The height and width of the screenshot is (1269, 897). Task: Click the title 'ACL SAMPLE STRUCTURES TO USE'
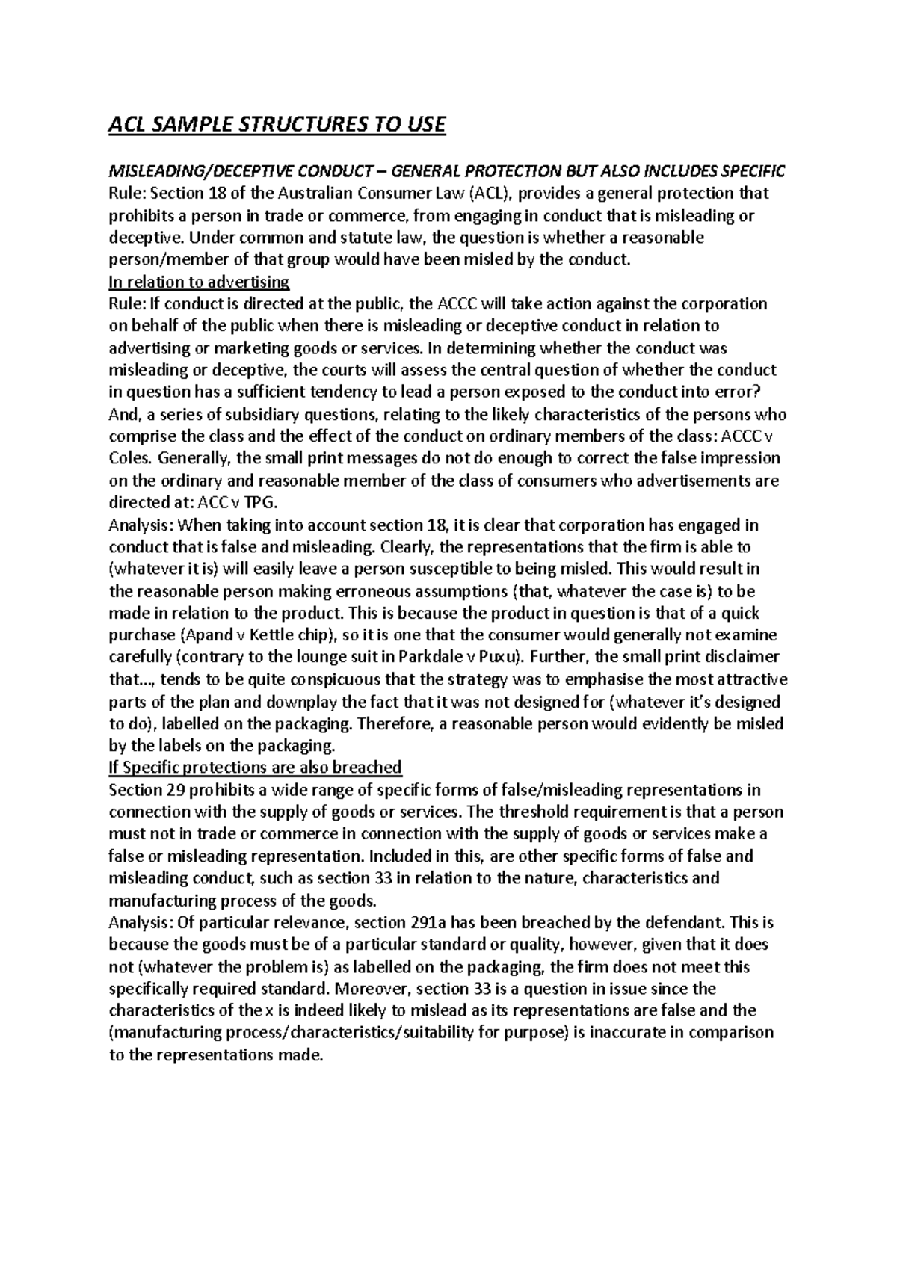[x=277, y=124]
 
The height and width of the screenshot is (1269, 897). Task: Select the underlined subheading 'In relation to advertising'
[x=199, y=282]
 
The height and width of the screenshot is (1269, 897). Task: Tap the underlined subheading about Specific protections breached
[x=255, y=768]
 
